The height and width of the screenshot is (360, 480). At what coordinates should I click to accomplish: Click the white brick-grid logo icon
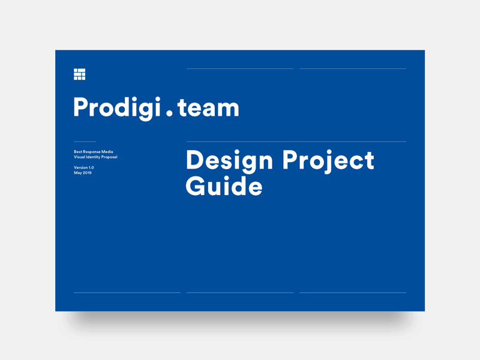[79, 74]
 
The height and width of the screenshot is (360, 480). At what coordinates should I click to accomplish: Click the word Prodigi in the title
[113, 108]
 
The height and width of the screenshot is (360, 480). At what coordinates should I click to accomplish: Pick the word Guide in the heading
[224, 186]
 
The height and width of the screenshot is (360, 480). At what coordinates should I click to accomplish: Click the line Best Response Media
[94, 152]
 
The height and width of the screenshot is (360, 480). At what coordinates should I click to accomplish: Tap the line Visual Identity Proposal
[95, 157]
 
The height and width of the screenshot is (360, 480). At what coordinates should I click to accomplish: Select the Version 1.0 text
[84, 167]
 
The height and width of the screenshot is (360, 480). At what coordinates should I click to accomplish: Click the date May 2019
[83, 173]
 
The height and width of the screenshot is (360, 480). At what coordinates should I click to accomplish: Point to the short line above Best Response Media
[85, 142]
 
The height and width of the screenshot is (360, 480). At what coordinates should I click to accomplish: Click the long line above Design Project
[296, 142]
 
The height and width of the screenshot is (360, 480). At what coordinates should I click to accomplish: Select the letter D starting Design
[195, 161]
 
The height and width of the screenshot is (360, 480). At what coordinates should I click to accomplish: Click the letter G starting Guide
[196, 186]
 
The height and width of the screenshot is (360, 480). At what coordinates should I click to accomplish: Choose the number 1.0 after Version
[91, 167]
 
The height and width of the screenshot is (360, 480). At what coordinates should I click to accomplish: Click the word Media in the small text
[107, 152]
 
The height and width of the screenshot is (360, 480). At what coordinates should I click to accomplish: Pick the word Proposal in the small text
[109, 157]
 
